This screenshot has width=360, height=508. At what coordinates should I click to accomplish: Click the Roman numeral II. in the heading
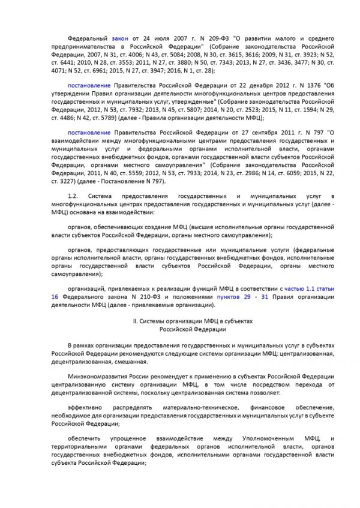135,321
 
